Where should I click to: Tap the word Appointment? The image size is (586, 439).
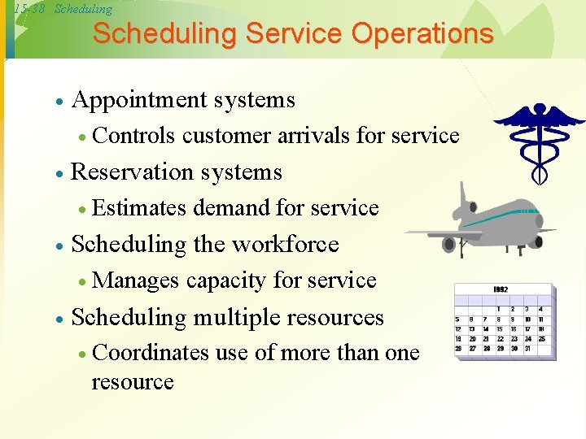(140, 100)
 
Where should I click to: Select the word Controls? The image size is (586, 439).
(134, 136)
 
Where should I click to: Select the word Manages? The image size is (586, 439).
(136, 280)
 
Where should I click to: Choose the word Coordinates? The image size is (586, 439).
(151, 353)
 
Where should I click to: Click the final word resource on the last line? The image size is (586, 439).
(133, 382)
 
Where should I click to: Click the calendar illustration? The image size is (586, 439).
(505, 322)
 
